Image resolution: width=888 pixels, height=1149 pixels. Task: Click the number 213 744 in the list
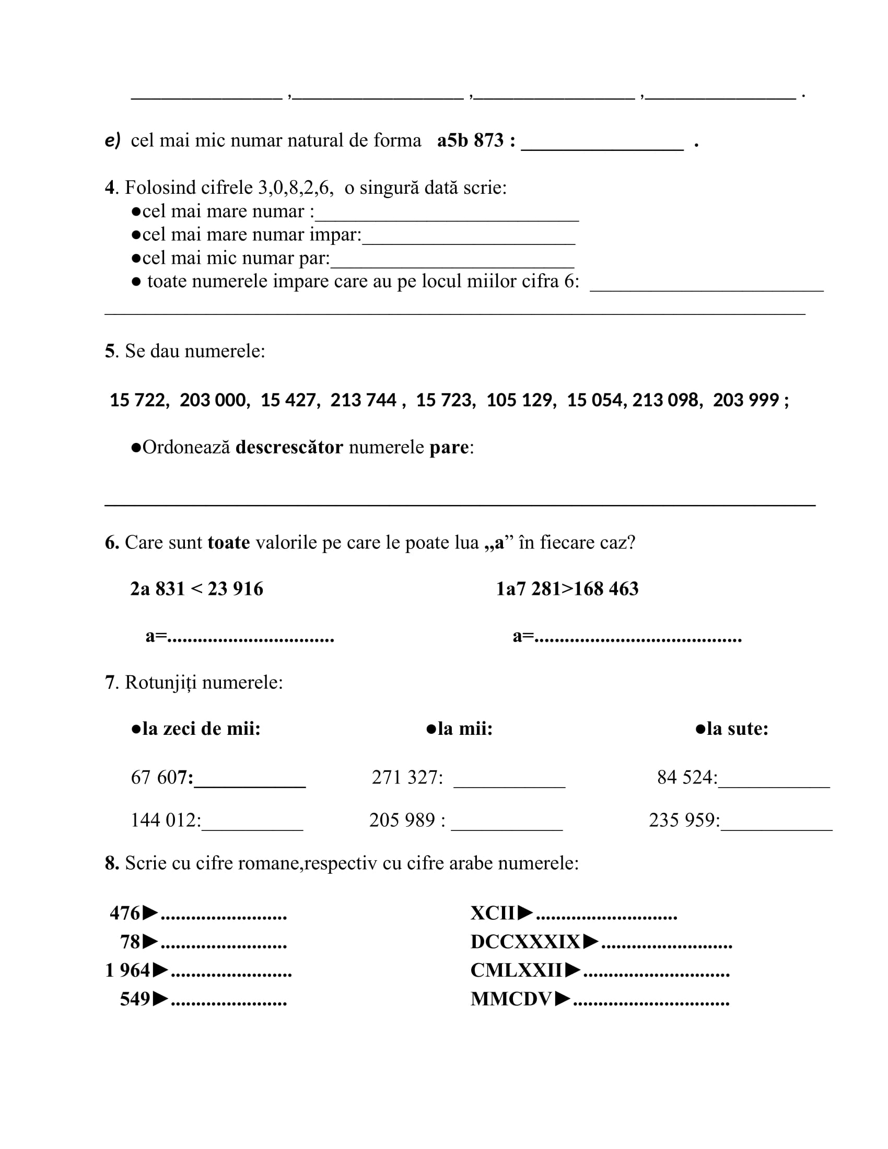[363, 401]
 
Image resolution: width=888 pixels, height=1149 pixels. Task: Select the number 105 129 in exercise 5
[520, 401]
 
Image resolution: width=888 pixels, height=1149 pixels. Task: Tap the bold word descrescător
[289, 448]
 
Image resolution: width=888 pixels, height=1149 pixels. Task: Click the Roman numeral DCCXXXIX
[525, 942]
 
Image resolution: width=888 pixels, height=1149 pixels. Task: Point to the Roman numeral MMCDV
[511, 999]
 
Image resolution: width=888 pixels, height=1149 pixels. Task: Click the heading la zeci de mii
[201, 729]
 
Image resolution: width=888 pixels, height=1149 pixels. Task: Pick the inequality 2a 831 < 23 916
[197, 589]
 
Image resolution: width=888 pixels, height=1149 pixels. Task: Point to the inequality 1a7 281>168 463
[567, 589]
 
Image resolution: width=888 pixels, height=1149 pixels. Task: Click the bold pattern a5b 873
[470, 141]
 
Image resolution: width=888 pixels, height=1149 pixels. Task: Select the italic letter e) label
[113, 140]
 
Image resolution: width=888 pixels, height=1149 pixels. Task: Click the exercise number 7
[109, 683]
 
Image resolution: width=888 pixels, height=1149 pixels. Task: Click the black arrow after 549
[160, 999]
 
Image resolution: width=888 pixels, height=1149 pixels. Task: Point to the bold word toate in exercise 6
[228, 543]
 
